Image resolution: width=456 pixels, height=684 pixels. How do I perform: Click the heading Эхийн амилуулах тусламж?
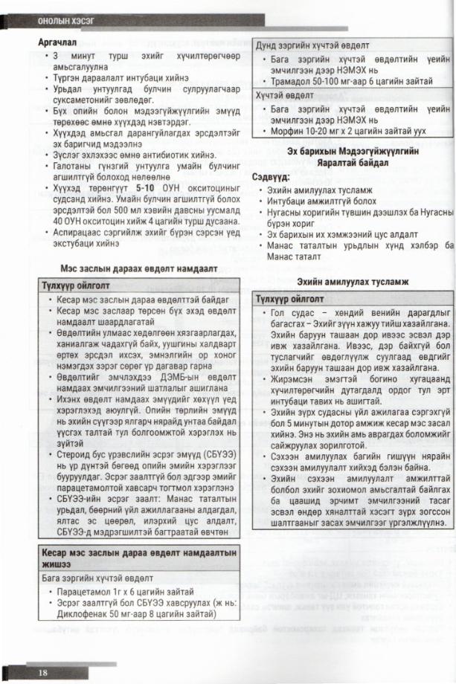(x=353, y=281)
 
